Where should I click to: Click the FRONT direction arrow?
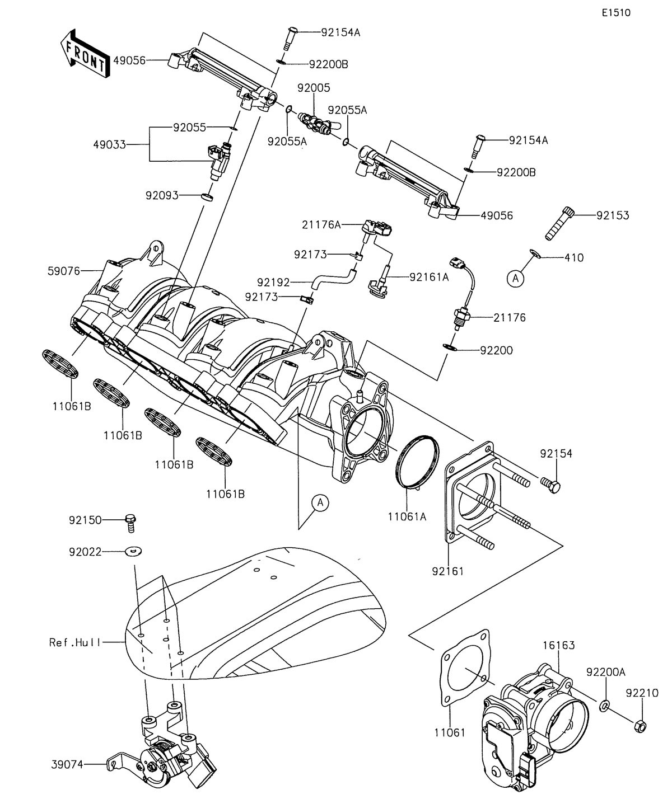click(x=85, y=53)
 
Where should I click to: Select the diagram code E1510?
click(x=616, y=13)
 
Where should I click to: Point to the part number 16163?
click(x=558, y=646)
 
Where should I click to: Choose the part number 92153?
click(x=612, y=215)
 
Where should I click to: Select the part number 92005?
click(x=314, y=88)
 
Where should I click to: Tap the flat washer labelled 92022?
click(x=133, y=552)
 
